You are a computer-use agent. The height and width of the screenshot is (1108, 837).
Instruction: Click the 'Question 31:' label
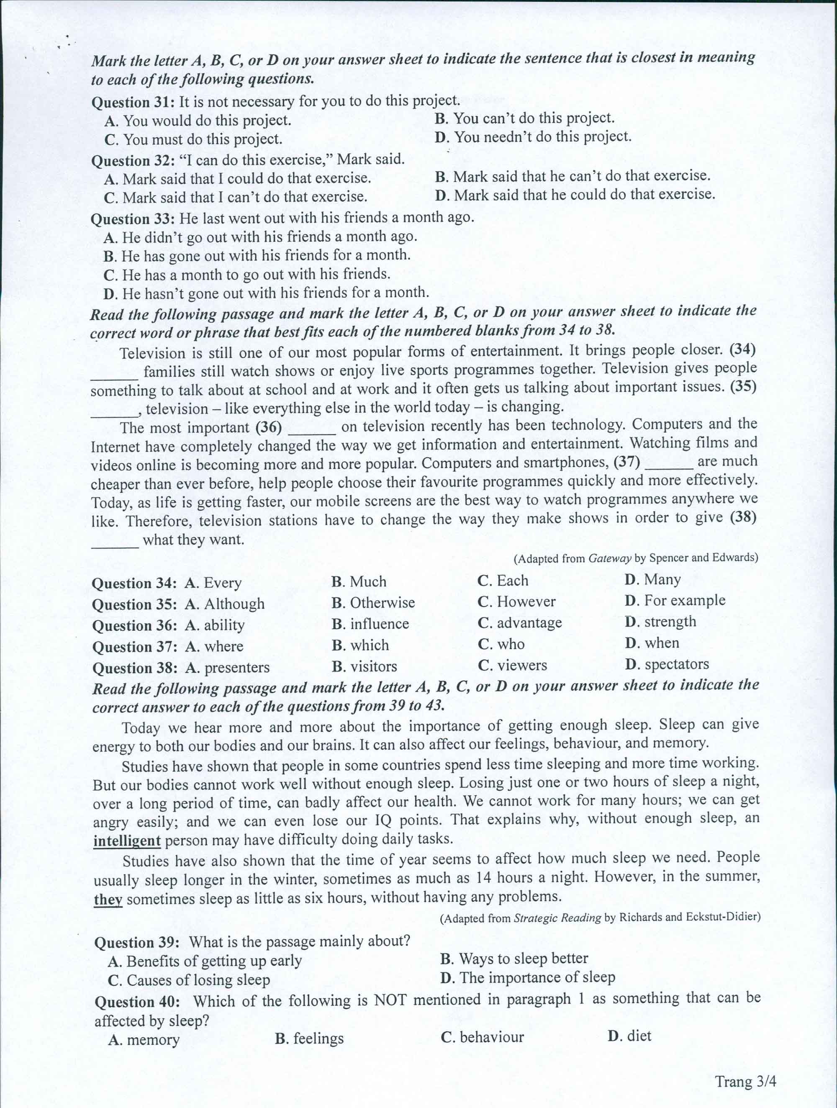click(x=133, y=103)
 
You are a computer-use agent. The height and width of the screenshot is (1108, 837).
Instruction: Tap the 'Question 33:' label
click(x=133, y=219)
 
